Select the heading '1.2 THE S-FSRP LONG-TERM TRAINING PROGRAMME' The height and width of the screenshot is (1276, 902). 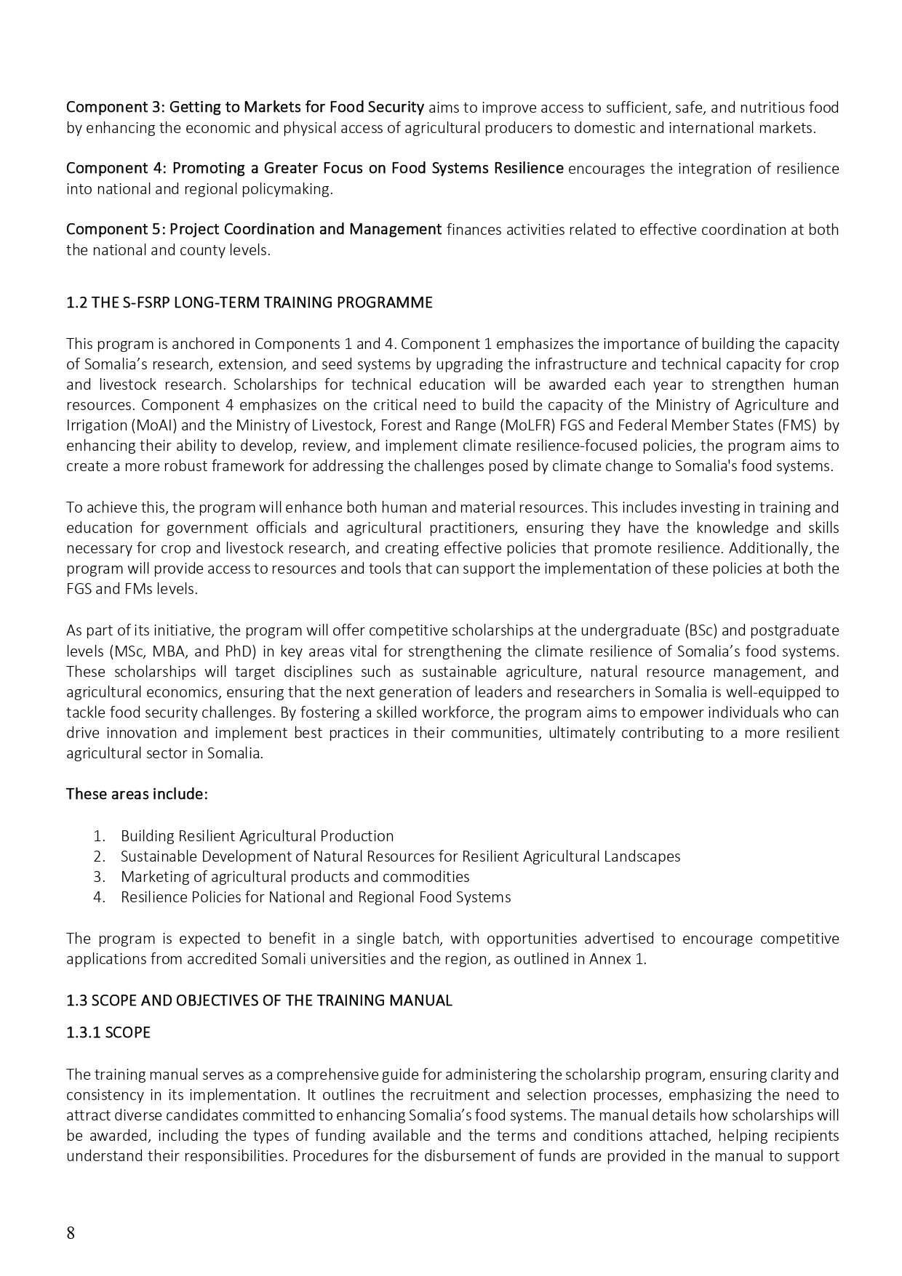tap(249, 302)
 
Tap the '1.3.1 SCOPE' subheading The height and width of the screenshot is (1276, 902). tap(108, 1032)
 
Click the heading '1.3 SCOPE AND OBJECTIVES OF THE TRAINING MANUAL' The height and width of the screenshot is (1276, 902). tap(259, 1000)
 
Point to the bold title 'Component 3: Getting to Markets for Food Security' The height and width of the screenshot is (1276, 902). tap(245, 108)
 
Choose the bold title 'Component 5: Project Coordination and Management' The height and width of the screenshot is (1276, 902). tap(254, 230)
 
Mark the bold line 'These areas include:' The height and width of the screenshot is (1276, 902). tap(137, 794)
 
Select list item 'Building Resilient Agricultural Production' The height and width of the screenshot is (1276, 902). tap(257, 836)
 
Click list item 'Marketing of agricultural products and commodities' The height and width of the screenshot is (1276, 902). tap(295, 877)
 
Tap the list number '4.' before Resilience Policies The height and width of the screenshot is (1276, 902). tap(100, 897)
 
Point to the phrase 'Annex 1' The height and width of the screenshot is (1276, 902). tap(620, 959)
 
